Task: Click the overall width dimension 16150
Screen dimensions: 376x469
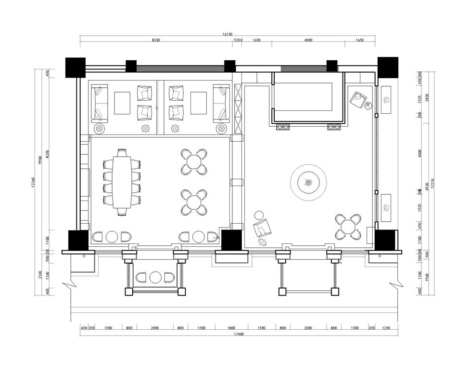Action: pos(228,34)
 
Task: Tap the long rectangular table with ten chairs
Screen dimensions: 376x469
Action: pos(122,182)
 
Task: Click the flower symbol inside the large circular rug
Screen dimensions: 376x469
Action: pos(308,183)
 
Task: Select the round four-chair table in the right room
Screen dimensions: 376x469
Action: pos(348,227)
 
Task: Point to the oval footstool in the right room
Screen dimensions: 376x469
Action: pos(263,242)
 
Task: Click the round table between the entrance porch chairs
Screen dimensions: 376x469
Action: pos(155,278)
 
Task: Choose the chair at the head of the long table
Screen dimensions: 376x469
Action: pos(122,152)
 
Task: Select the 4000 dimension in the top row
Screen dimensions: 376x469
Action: pos(308,40)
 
